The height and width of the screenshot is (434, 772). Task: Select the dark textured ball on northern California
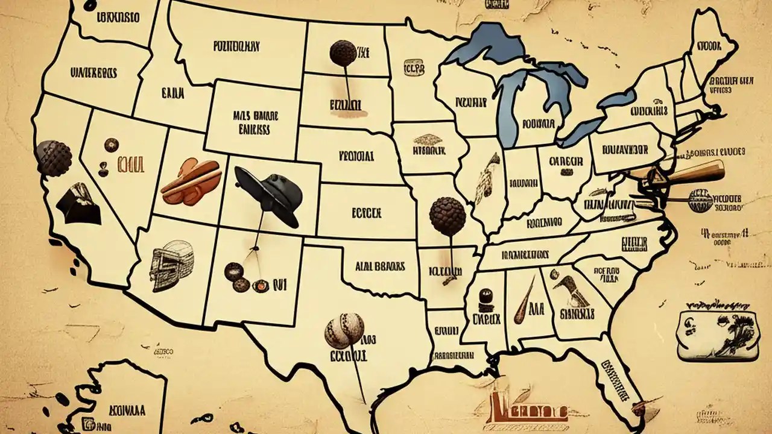coord(54,158)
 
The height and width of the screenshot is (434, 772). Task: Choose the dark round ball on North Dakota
coord(343,53)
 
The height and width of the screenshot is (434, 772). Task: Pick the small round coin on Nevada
coord(111,145)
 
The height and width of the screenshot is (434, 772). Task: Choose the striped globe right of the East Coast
coord(700,201)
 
